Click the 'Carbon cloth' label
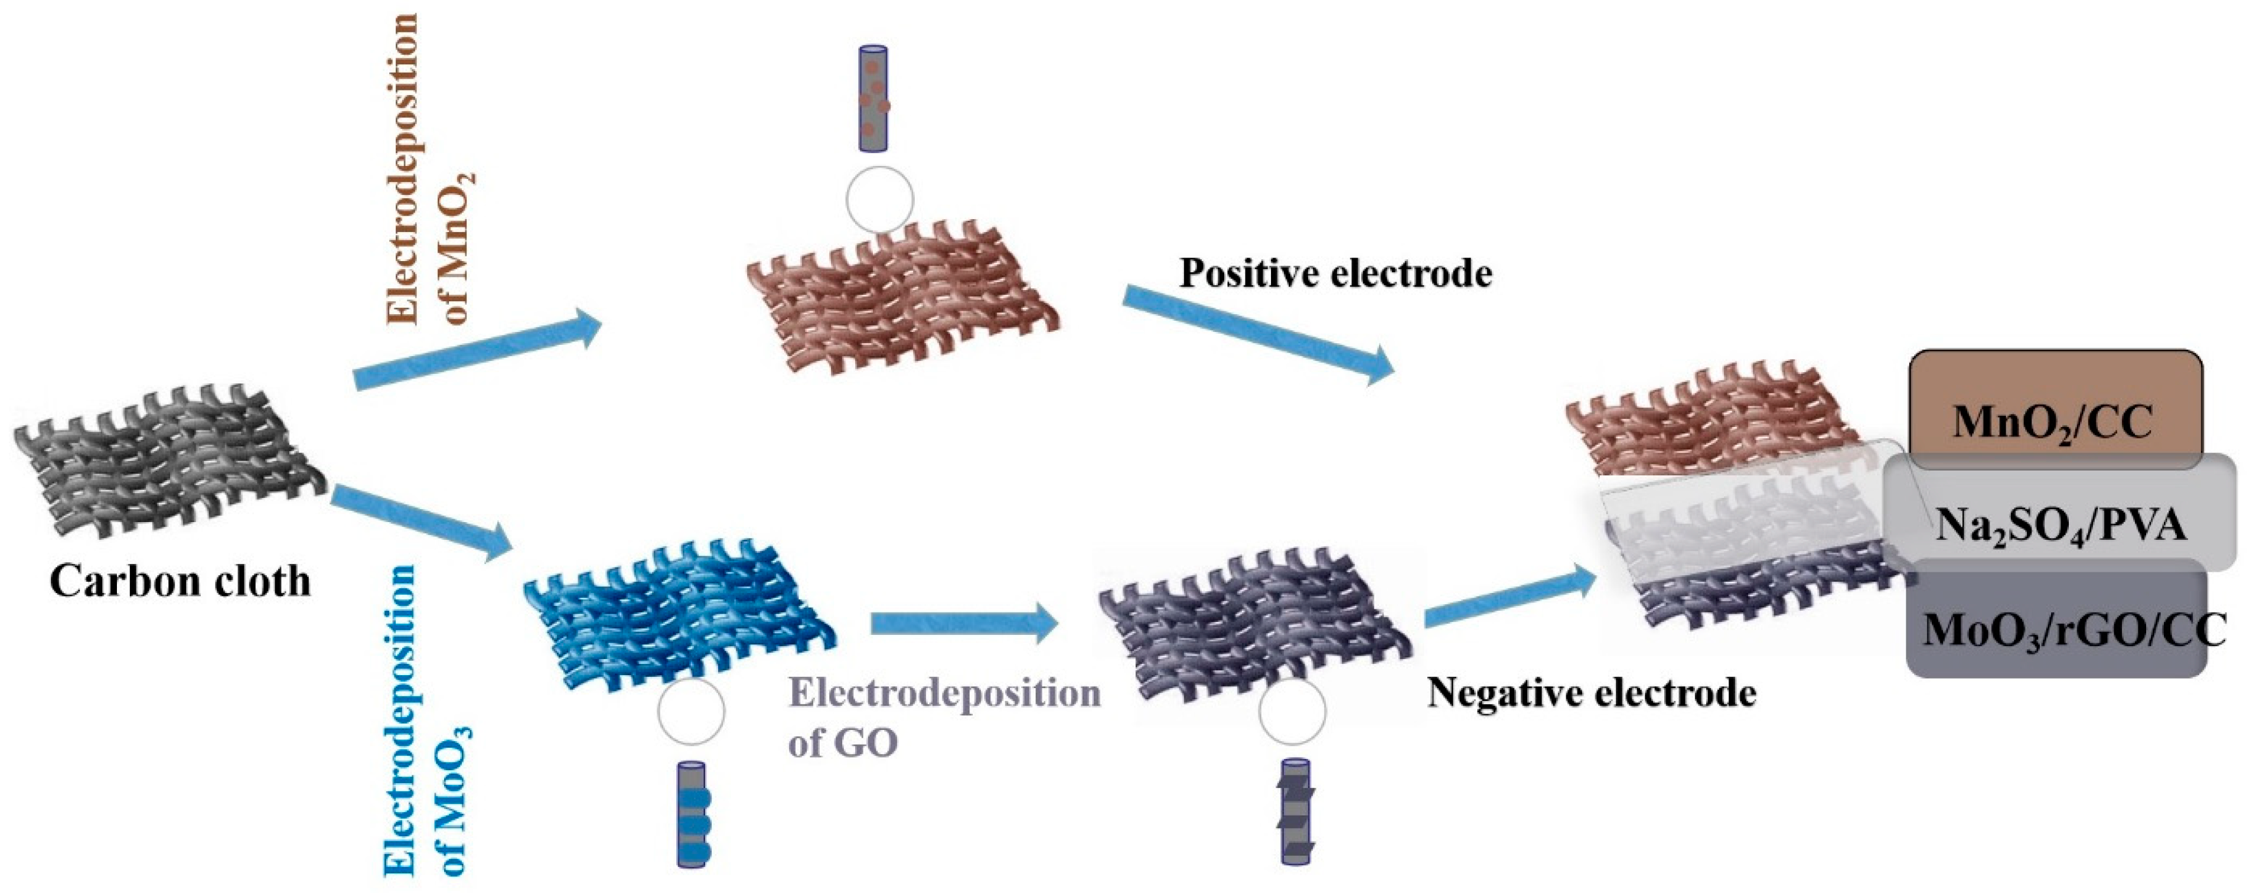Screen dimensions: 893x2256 coord(180,581)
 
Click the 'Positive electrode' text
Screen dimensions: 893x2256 coord(1335,274)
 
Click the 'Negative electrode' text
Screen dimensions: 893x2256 coord(1591,693)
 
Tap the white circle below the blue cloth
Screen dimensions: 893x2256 coord(690,711)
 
